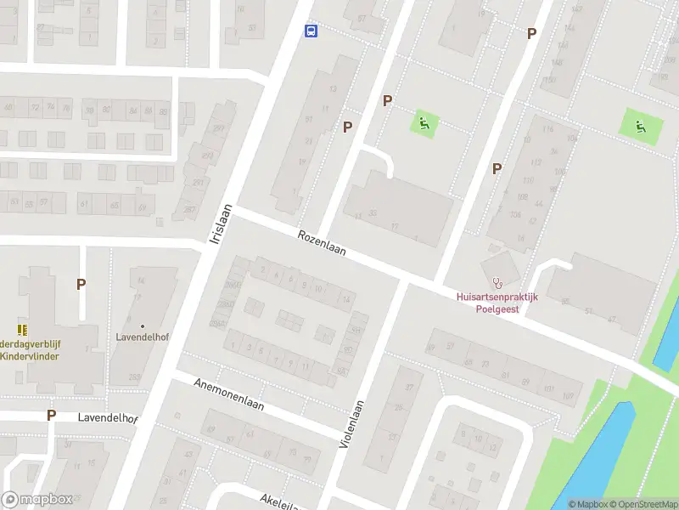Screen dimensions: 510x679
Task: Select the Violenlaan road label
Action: (x=351, y=424)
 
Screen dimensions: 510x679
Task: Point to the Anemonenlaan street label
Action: (x=230, y=394)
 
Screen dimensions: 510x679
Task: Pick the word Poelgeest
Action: (x=497, y=309)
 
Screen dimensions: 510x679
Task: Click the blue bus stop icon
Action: (x=311, y=31)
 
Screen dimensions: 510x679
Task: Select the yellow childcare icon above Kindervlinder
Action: (x=21, y=329)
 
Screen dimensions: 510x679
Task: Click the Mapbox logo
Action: (x=37, y=500)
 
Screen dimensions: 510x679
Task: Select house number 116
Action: (x=547, y=129)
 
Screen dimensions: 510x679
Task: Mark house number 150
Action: (x=550, y=80)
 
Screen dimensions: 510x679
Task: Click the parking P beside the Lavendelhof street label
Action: (x=51, y=415)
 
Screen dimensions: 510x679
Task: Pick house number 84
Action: (x=141, y=280)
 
